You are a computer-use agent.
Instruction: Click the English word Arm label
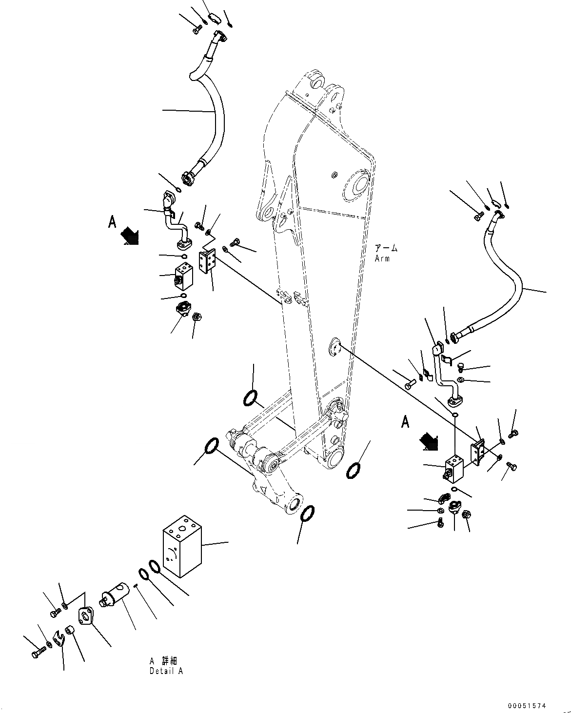[382, 258]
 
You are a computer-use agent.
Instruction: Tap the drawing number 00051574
[526, 705]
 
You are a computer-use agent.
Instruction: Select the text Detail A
[166, 671]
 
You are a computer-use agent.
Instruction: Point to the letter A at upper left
[112, 222]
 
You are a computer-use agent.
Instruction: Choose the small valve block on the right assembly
[454, 468]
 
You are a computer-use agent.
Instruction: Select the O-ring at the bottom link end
[307, 514]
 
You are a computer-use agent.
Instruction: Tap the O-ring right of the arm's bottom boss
[354, 471]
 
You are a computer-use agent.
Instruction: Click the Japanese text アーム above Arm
[386, 248]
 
